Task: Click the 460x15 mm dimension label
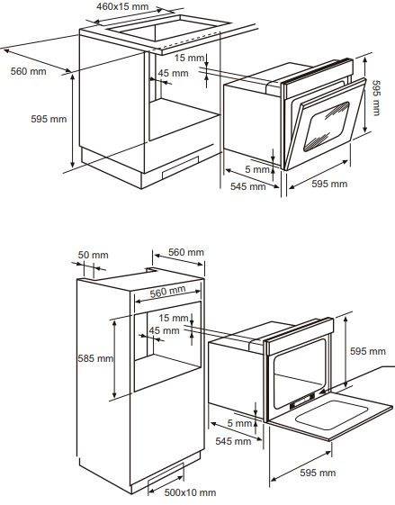(x=122, y=7)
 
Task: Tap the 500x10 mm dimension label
(x=190, y=492)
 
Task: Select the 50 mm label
(x=93, y=255)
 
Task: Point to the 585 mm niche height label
(x=95, y=358)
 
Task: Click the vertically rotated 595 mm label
(x=376, y=97)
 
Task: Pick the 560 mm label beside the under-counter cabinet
(x=28, y=71)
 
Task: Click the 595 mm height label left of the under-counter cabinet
(x=49, y=119)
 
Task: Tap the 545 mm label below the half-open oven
(x=247, y=186)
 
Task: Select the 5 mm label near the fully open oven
(x=239, y=423)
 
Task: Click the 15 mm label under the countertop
(x=190, y=58)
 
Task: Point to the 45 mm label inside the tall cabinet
(x=164, y=330)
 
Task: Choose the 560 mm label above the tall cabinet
(x=186, y=252)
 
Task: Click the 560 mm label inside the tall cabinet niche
(x=167, y=292)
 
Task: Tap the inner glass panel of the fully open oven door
(x=331, y=414)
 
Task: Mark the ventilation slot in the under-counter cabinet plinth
(x=181, y=167)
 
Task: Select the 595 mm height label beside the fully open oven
(x=368, y=351)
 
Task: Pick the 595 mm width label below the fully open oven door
(x=318, y=473)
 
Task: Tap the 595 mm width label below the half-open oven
(x=329, y=184)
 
